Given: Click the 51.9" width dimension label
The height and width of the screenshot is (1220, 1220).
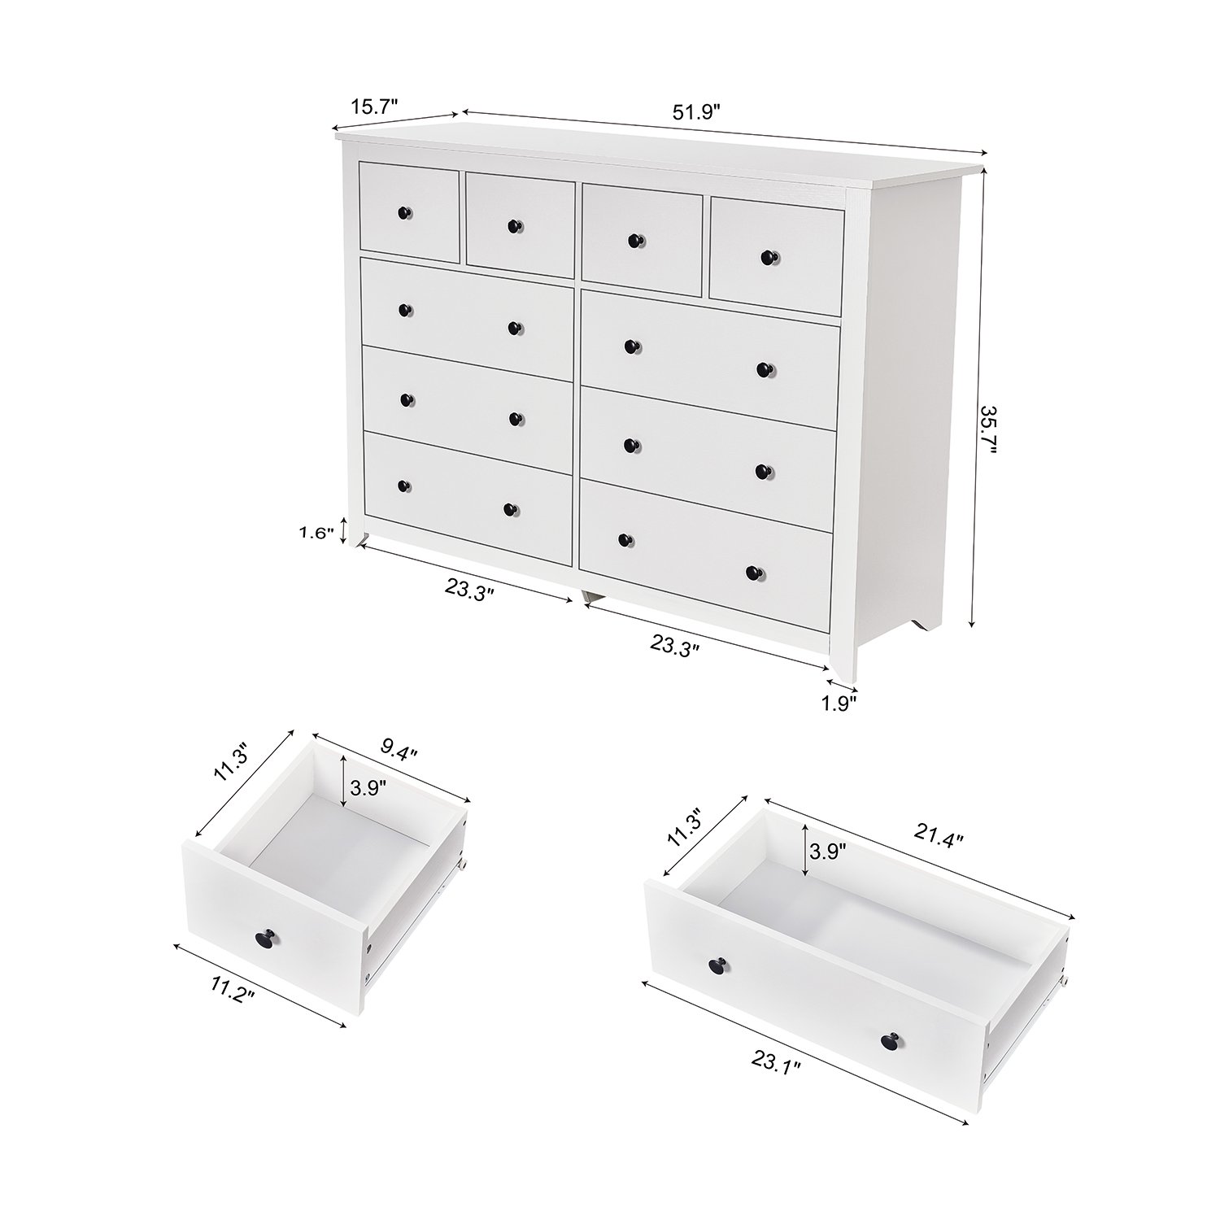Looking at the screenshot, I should coord(697,112).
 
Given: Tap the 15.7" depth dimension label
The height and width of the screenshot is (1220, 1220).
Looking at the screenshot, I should coord(374,106).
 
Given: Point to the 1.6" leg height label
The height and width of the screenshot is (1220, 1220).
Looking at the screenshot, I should coord(316,534).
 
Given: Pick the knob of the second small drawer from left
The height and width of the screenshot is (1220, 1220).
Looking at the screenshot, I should coord(513,226).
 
